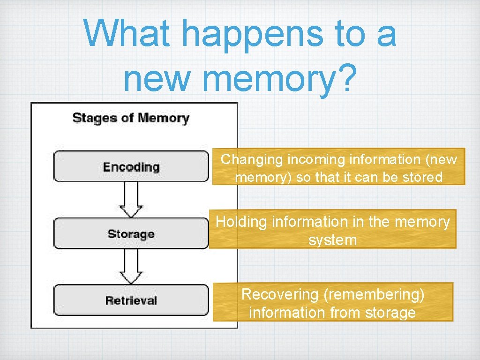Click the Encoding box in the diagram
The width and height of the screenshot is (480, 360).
point(131,166)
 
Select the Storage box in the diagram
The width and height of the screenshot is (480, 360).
point(131,233)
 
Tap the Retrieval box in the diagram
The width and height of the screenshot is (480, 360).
point(131,300)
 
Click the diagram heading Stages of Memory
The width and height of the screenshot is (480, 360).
point(131,118)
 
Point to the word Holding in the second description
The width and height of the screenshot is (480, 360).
point(240,221)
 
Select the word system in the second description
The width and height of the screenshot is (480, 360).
point(332,240)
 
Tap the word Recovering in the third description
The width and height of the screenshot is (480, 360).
point(280,294)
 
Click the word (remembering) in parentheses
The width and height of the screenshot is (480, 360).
point(374,294)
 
